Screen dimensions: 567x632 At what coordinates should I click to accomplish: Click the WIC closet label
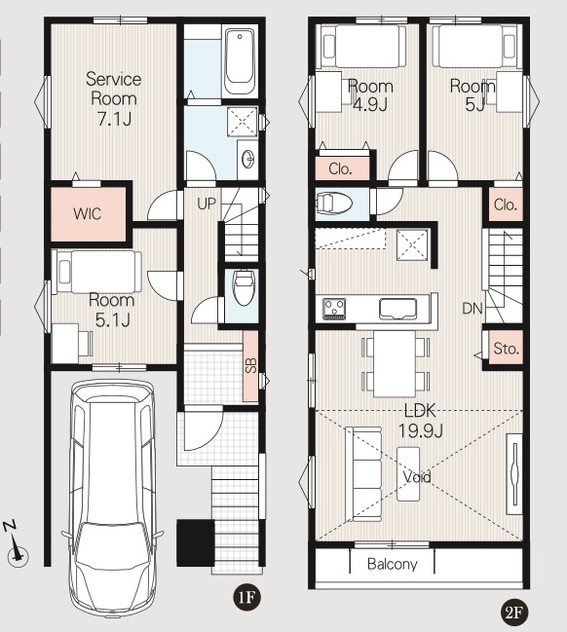pyautogui.click(x=87, y=213)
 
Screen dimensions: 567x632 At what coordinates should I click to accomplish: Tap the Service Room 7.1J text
pyautogui.click(x=114, y=98)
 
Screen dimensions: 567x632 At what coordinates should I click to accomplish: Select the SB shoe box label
pyautogui.click(x=250, y=365)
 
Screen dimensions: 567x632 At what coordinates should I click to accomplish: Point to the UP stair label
pyautogui.click(x=207, y=204)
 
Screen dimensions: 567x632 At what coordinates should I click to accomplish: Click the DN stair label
pyautogui.click(x=472, y=309)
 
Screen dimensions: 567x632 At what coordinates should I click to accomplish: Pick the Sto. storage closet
pyautogui.click(x=506, y=349)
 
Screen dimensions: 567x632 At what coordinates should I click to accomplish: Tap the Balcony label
pyautogui.click(x=392, y=564)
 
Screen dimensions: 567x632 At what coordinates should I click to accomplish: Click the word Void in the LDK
pyautogui.click(x=417, y=477)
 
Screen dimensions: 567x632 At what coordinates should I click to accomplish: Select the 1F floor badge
pyautogui.click(x=246, y=597)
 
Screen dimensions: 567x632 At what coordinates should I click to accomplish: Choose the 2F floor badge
pyautogui.click(x=513, y=613)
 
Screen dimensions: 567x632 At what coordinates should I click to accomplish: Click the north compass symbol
pyautogui.click(x=16, y=545)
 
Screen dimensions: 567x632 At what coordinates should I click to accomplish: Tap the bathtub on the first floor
pyautogui.click(x=240, y=60)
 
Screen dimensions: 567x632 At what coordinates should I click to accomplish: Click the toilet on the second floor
pyautogui.click(x=334, y=204)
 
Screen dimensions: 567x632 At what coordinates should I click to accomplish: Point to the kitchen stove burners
pyautogui.click(x=334, y=309)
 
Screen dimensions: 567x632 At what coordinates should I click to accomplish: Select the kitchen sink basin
pyautogui.click(x=397, y=309)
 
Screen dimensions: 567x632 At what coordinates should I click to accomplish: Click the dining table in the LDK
pyautogui.click(x=395, y=363)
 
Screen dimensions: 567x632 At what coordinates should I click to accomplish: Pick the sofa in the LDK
pyautogui.click(x=363, y=474)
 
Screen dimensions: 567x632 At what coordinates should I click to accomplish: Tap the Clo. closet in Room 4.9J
pyautogui.click(x=342, y=168)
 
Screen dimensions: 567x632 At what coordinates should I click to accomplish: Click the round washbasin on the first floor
pyautogui.click(x=248, y=159)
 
